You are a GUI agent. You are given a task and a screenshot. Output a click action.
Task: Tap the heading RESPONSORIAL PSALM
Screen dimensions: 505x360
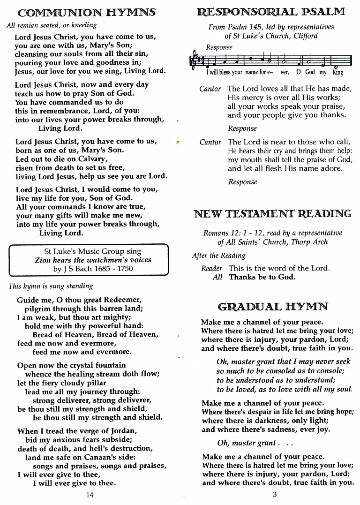tap(271, 12)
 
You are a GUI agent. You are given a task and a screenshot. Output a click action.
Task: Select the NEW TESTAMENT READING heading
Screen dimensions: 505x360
tap(272, 214)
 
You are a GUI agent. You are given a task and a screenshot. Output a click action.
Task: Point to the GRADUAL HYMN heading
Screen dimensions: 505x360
tap(273, 307)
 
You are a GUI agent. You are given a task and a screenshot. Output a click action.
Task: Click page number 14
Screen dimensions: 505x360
tap(90, 495)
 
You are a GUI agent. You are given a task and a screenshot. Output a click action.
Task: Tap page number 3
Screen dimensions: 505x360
tap(275, 494)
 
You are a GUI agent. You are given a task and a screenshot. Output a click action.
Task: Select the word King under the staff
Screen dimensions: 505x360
tap(337, 73)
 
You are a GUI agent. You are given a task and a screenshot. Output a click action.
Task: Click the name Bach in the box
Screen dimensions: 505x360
tap(86, 269)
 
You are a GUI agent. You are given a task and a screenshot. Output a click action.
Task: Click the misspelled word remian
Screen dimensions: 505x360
tap(28, 25)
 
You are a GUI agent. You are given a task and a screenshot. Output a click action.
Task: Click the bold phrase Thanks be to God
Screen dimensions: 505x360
tap(262, 277)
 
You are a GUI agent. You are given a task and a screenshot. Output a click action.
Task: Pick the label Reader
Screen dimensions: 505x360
tap(211, 269)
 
